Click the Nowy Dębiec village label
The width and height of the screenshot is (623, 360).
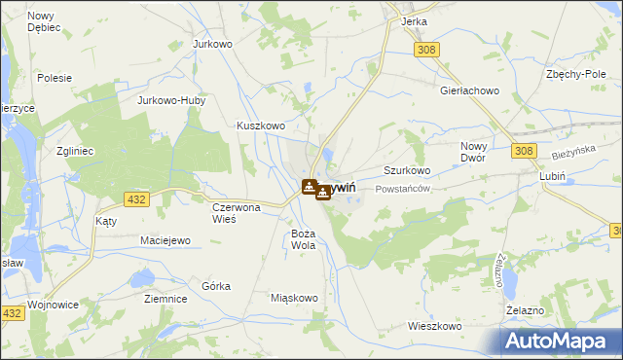click(x=44, y=21)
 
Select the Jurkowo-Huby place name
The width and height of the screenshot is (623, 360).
click(x=169, y=100)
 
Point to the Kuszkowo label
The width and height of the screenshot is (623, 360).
click(x=261, y=126)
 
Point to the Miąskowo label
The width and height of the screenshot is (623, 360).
click(x=294, y=298)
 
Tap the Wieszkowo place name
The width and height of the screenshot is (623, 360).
click(x=434, y=326)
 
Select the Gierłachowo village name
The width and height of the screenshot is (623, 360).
click(x=469, y=90)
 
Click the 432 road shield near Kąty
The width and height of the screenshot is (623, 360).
click(x=137, y=199)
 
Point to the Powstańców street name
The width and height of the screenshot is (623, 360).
click(x=403, y=188)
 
